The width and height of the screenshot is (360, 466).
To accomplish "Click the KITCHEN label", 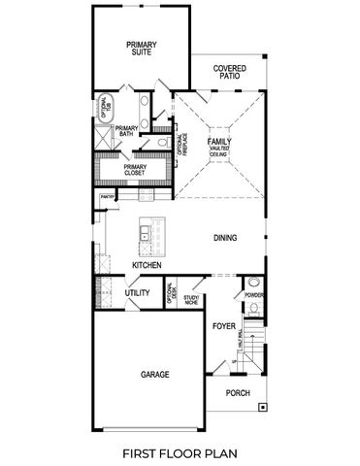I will coord(147,265).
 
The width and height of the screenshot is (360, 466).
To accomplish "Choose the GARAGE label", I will coord(155,374).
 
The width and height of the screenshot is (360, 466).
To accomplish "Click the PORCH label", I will coord(238,393).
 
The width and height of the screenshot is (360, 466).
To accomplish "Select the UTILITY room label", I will coord(138,291).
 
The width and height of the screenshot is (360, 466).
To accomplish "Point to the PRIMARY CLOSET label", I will coord(136,171).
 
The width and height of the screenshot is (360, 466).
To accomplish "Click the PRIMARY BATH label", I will coord(127,132).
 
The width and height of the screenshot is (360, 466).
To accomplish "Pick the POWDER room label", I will coord(254,294).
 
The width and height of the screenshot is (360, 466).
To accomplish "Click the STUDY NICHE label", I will coord(192,300).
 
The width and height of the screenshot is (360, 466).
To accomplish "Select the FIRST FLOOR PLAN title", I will coord(180,452).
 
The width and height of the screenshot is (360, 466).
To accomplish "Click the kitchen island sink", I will coord(145,232).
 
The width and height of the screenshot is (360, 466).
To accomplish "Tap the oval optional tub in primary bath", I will coord(105,107).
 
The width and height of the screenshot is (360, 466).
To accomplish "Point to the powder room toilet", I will coord(254,309).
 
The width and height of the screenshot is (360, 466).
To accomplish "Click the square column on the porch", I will coord(262,410).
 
